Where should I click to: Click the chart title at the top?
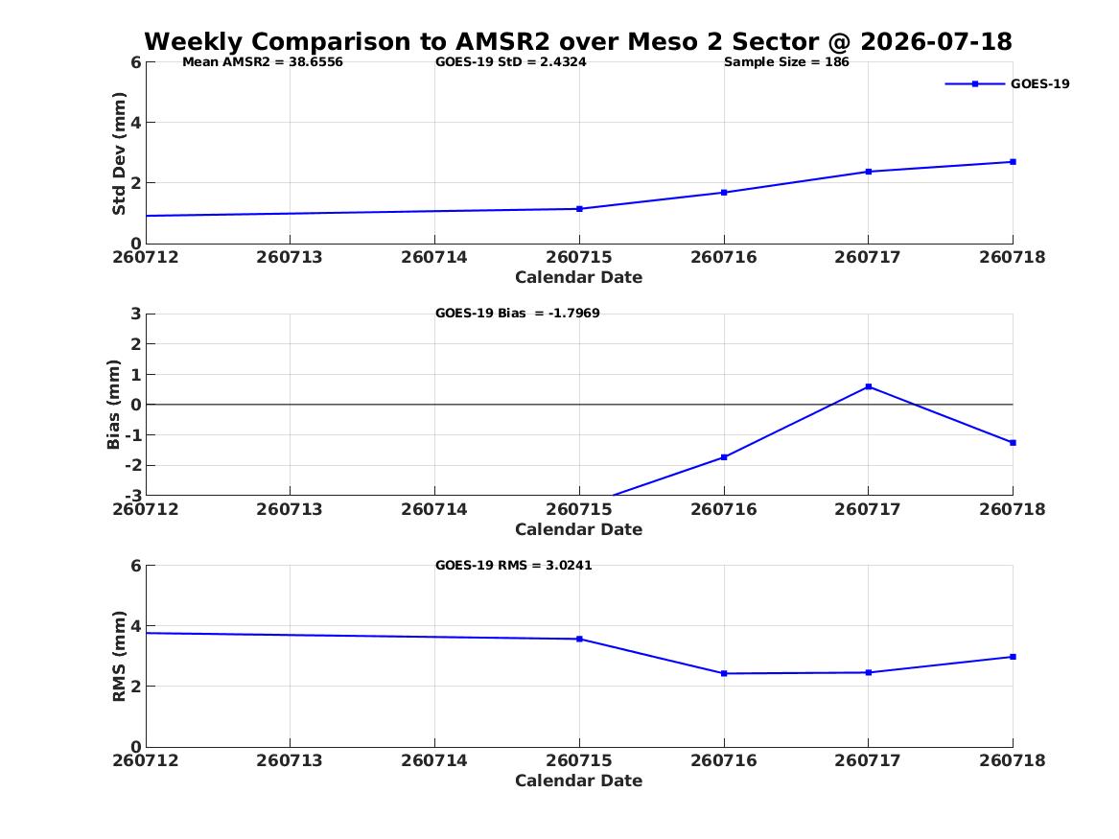(578, 41)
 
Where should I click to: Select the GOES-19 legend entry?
(1007, 83)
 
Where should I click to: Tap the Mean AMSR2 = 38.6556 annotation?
(263, 62)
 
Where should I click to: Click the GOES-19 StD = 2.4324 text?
(511, 62)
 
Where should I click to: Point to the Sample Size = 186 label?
(786, 62)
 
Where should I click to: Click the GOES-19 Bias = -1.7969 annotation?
(518, 314)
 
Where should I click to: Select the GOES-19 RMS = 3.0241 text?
(514, 565)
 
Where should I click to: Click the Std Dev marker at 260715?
(579, 209)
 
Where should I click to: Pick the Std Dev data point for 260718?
(1013, 162)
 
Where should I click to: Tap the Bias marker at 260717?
(869, 386)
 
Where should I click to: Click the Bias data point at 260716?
(724, 457)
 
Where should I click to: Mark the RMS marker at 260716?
(724, 673)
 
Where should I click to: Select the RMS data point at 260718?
(1013, 657)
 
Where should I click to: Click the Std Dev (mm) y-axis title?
(119, 153)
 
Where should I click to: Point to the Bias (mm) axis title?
(113, 405)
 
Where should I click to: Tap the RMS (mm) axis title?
(119, 657)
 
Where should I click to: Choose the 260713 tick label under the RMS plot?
(290, 760)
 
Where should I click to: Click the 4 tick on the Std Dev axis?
(135, 123)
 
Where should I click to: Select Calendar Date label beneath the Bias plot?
(579, 529)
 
